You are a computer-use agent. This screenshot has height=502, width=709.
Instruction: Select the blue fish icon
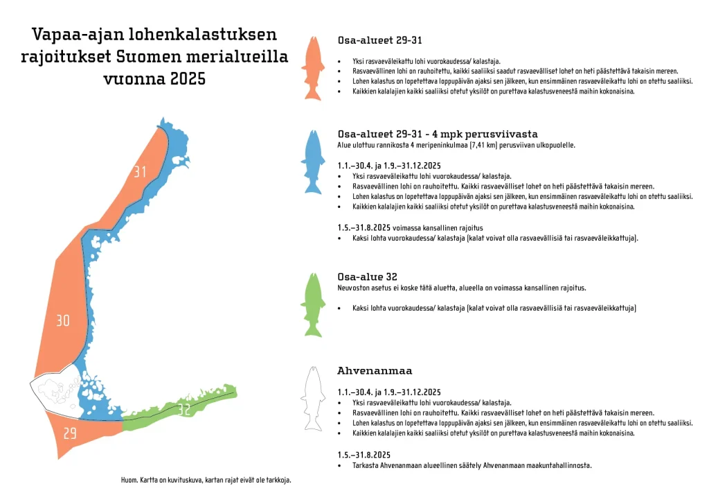(x=313, y=163)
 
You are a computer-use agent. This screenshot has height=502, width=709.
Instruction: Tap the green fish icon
(x=313, y=305)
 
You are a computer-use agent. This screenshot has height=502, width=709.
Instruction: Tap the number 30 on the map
(x=63, y=321)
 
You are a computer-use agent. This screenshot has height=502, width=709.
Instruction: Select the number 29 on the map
(x=70, y=433)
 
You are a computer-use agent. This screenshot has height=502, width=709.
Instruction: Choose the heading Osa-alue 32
(x=367, y=277)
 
